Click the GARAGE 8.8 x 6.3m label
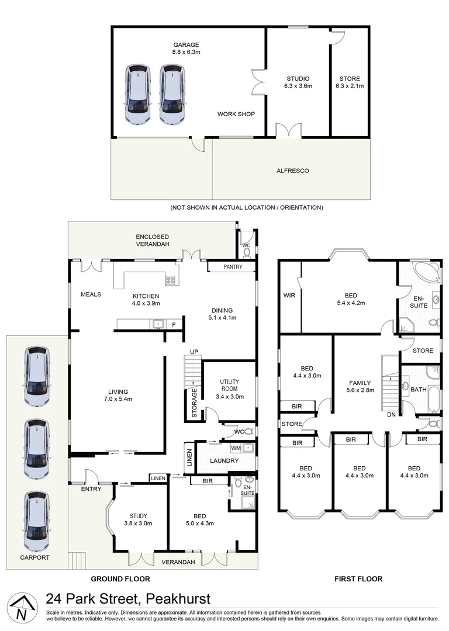[185, 48]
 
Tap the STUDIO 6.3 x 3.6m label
[298, 82]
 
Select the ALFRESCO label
[292, 171]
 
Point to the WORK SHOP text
[236, 114]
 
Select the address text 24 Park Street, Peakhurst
[128, 599]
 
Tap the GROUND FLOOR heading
[120, 579]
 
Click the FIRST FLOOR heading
[358, 579]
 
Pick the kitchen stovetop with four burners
[170, 280]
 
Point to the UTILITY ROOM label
[229, 389]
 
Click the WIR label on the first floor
[289, 296]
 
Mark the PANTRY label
[233, 267]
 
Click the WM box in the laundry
[236, 448]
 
